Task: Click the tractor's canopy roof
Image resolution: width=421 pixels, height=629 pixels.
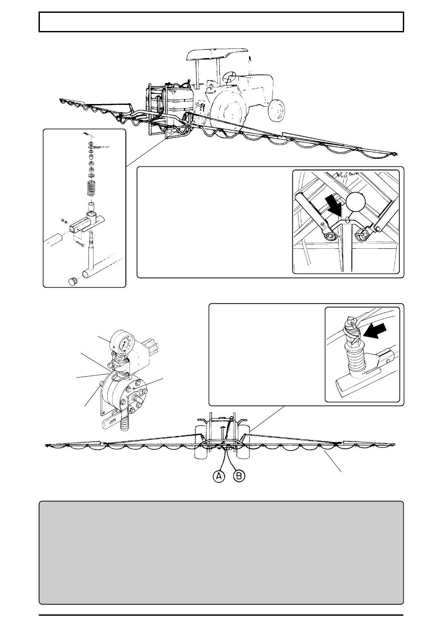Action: [x=218, y=54]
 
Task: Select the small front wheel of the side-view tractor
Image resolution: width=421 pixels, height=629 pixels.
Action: [x=276, y=110]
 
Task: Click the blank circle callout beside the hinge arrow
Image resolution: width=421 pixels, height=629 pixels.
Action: [x=355, y=201]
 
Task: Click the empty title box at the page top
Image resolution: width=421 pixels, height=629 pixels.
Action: [x=221, y=22]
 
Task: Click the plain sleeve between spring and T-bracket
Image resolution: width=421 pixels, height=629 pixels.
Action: [x=91, y=206]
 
